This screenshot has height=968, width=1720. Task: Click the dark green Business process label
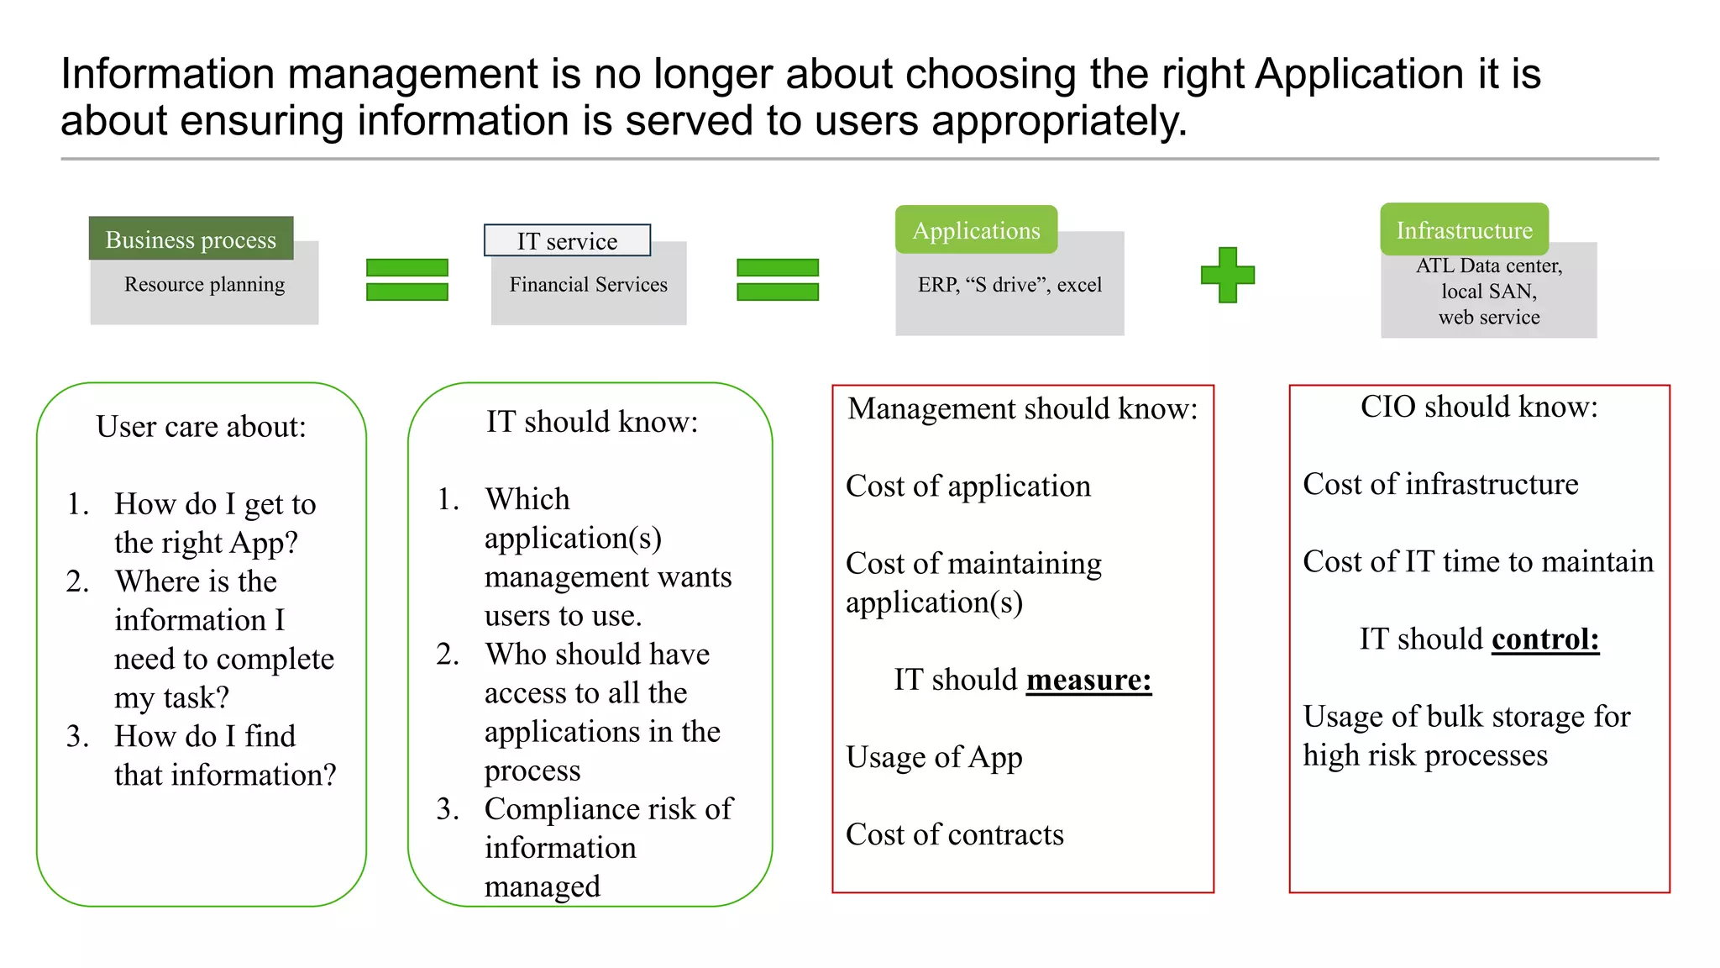pyautogui.click(x=191, y=239)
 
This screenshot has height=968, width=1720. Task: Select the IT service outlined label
pyautogui.click(x=567, y=241)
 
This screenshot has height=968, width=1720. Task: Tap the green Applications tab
pyautogui.click(x=976, y=230)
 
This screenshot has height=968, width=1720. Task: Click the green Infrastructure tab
pyautogui.click(x=1464, y=229)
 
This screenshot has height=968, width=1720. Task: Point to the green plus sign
pyautogui.click(x=1227, y=275)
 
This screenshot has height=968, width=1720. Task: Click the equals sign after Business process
pyautogui.click(x=407, y=280)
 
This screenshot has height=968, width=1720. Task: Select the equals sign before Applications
pyautogui.click(x=777, y=280)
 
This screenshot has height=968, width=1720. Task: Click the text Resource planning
pyautogui.click(x=204, y=284)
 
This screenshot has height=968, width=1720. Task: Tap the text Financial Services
pyautogui.click(x=588, y=285)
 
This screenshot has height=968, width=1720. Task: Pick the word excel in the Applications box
pyautogui.click(x=1079, y=285)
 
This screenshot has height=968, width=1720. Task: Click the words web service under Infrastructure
pyautogui.click(x=1489, y=318)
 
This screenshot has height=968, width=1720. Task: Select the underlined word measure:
pyautogui.click(x=1088, y=679)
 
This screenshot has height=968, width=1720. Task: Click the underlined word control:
pyautogui.click(x=1545, y=639)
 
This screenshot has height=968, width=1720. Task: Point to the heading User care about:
pyautogui.click(x=201, y=427)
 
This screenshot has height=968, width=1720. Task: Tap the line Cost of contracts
pyautogui.click(x=954, y=834)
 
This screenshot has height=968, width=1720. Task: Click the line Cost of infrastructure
pyautogui.click(x=1440, y=484)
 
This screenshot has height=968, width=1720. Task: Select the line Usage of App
pyautogui.click(x=934, y=757)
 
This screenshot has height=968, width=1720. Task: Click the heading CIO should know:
pyautogui.click(x=1479, y=407)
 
